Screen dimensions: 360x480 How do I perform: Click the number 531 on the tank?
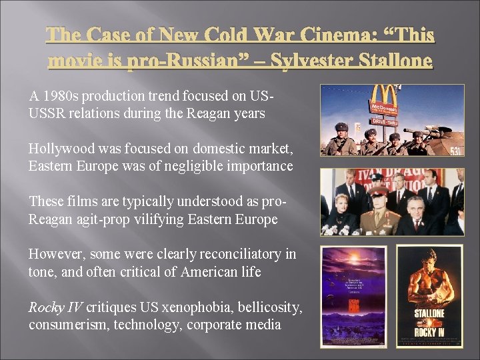[x=455, y=151]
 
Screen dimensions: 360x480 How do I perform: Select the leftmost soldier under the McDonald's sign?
[x=333, y=139]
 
